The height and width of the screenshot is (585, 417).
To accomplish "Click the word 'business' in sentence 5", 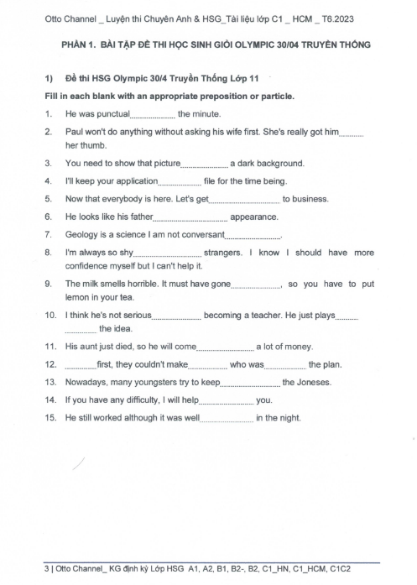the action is [305, 199].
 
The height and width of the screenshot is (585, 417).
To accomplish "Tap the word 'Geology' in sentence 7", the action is [81, 234].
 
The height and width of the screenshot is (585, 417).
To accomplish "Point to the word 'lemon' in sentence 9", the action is [77, 297].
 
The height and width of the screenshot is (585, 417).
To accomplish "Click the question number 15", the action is [50, 418].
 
